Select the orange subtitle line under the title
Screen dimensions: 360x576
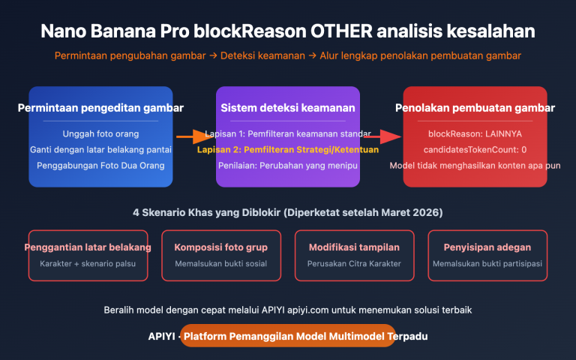click(288, 55)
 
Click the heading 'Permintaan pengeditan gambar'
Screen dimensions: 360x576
click(100, 108)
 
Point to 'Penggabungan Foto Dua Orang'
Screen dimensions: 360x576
click(100, 165)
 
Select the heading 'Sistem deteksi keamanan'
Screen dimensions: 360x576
click(288, 108)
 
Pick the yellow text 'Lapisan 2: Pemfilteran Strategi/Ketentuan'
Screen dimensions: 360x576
click(288, 149)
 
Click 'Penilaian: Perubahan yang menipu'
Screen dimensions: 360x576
click(288, 165)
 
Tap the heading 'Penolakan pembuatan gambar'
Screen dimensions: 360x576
click(475, 108)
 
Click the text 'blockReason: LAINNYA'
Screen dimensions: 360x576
click(475, 133)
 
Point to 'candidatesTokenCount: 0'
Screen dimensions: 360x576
click(475, 149)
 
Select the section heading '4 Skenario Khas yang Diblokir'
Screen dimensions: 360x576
click(288, 212)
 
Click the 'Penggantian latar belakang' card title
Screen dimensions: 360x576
click(88, 247)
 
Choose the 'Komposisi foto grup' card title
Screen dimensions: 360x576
click(221, 247)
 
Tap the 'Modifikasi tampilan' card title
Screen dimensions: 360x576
click(355, 247)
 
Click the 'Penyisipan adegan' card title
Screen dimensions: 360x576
click(487, 247)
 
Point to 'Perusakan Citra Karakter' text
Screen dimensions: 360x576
click(355, 264)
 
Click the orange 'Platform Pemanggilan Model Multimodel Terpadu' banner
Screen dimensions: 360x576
click(288, 336)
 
